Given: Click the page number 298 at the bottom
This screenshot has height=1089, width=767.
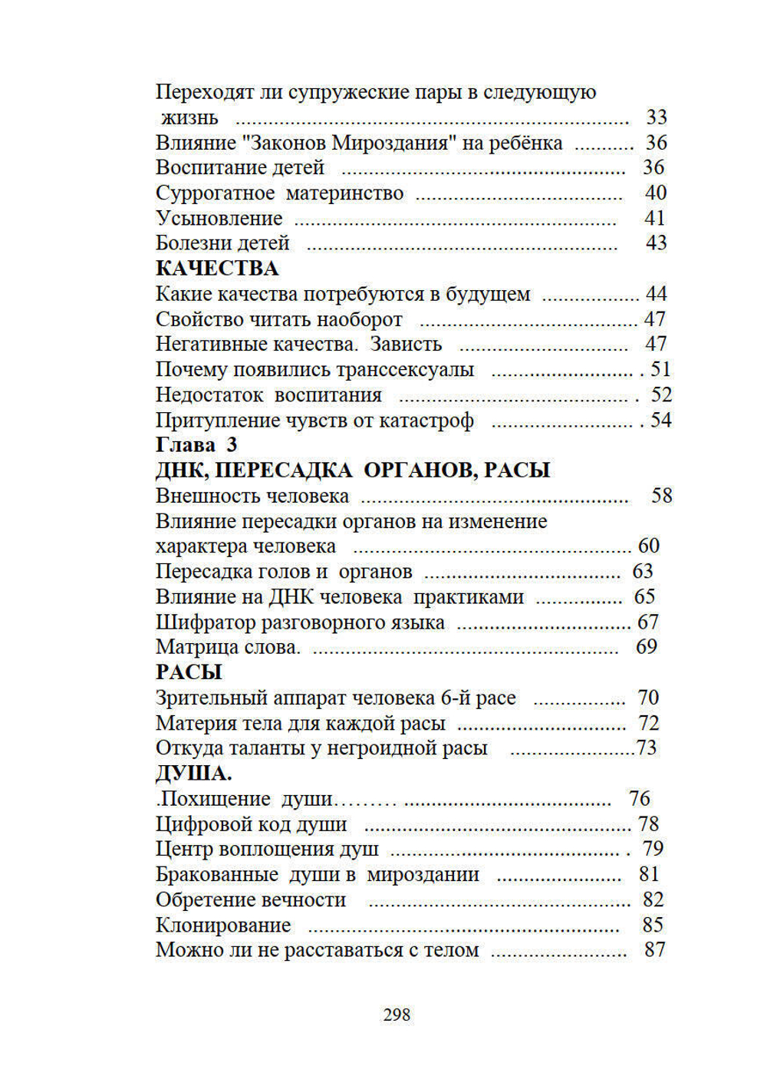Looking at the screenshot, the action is click(x=397, y=1015).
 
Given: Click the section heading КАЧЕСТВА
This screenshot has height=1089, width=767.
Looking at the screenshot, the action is click(x=217, y=269).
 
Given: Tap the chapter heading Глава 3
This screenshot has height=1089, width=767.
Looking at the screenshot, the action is click(x=196, y=445).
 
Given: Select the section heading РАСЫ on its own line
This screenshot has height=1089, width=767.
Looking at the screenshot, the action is click(x=189, y=672).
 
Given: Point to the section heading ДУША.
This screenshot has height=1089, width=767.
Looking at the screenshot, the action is click(x=193, y=774).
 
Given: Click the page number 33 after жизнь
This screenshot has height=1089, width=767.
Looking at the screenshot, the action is click(x=657, y=117).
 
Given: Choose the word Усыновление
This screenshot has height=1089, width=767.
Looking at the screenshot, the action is click(x=219, y=219).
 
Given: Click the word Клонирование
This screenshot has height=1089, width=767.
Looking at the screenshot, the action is click(x=223, y=926).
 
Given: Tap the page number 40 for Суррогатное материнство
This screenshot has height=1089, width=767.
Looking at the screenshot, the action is click(x=656, y=193).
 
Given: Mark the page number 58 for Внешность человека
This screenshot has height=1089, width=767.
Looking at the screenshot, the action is click(x=661, y=496).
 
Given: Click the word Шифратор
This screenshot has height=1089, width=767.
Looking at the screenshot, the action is click(x=202, y=622).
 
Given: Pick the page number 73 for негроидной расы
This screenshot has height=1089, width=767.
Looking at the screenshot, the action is click(x=647, y=748).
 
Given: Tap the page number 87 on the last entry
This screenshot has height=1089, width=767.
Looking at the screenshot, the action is click(x=654, y=950).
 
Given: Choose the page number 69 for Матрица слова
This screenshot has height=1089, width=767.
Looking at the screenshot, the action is click(x=647, y=647).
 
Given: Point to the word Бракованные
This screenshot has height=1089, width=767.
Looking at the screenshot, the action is click(x=217, y=875).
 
